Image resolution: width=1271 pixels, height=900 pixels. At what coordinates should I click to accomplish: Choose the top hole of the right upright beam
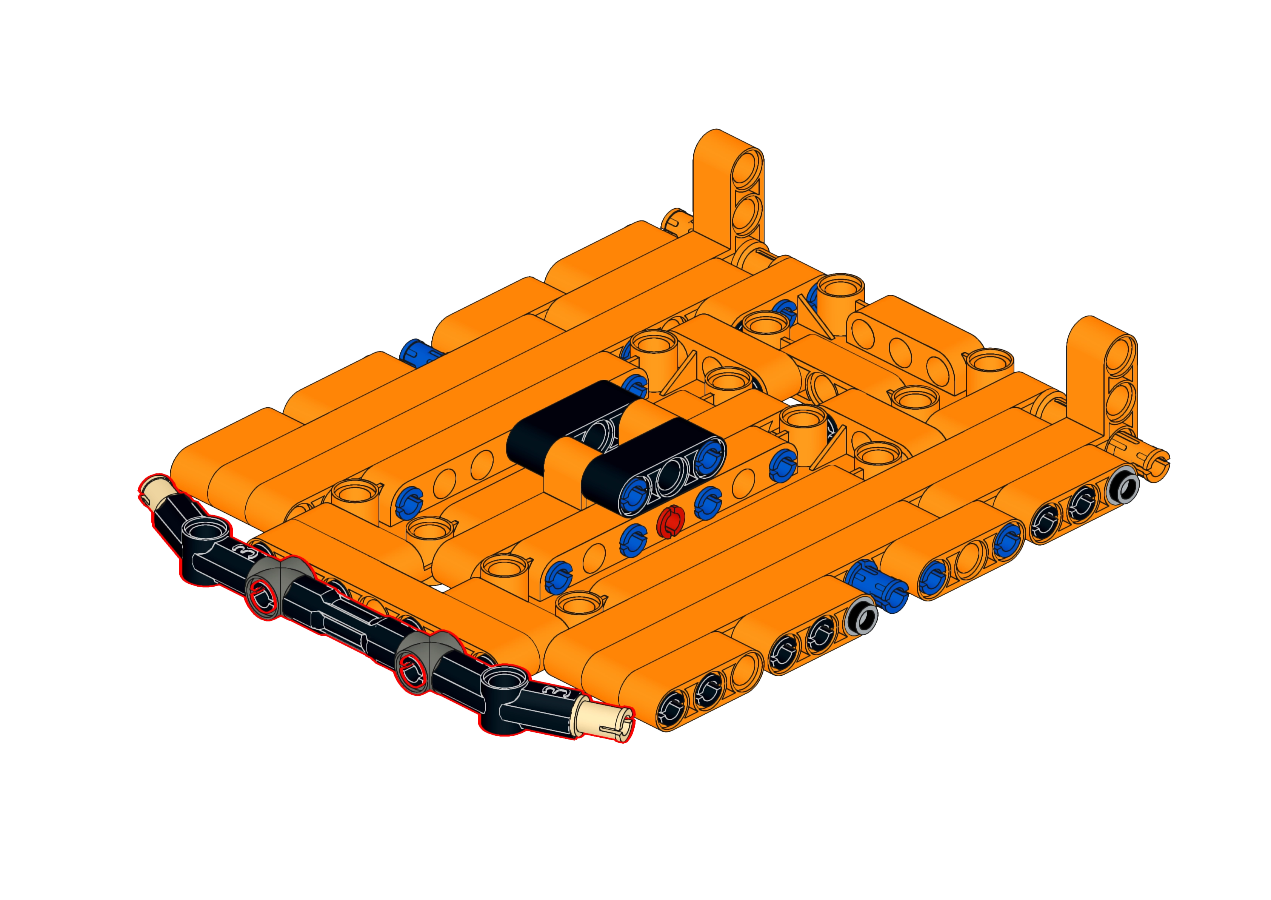point(1121,354)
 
